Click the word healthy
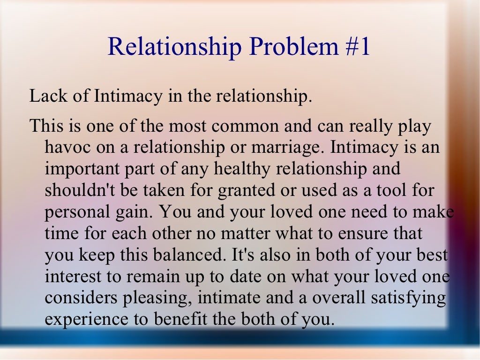[245, 169]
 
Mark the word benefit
[206, 320]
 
